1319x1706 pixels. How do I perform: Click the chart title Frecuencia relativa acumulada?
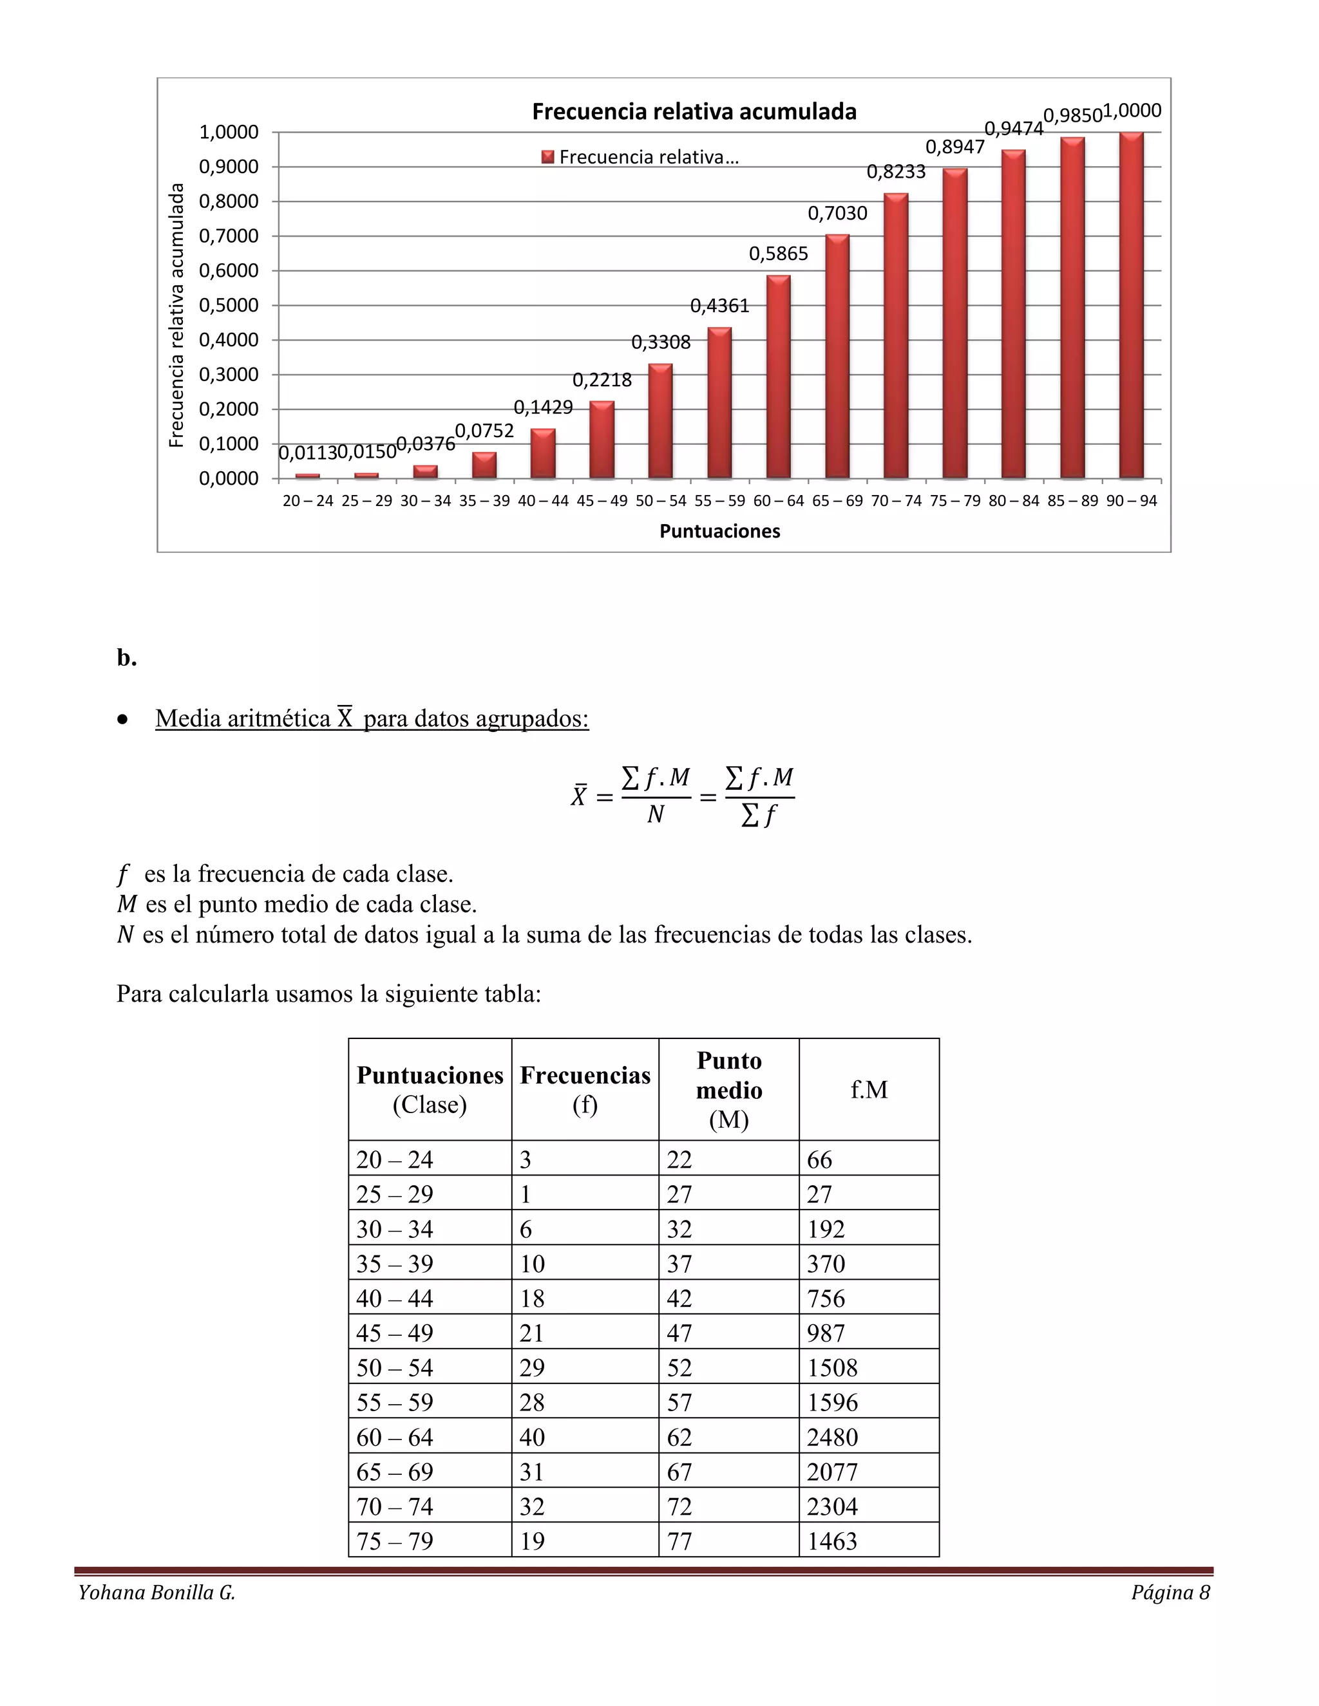coord(694,112)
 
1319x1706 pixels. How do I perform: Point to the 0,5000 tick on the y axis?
coord(228,305)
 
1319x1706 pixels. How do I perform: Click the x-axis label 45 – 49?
coord(602,501)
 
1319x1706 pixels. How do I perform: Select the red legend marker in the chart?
coord(548,157)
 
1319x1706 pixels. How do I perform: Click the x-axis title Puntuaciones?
coord(719,531)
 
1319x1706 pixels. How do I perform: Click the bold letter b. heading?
coord(127,658)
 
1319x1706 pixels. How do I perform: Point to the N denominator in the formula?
coord(655,815)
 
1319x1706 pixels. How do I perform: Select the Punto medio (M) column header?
coord(728,1090)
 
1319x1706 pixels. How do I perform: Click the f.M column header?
coord(869,1090)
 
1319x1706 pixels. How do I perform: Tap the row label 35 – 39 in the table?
coord(395,1263)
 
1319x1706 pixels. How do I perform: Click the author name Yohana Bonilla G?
coord(157,1593)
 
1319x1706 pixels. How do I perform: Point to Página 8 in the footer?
coord(1170,1593)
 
